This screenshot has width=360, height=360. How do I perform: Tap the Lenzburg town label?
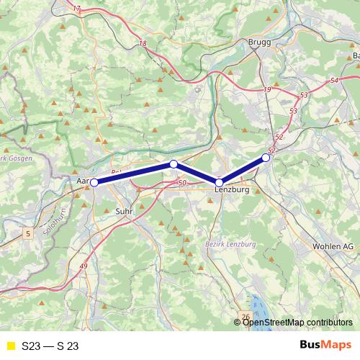coord(232,190)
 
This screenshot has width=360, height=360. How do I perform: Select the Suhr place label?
coord(123,212)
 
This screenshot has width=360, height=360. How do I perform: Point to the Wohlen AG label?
coord(332,246)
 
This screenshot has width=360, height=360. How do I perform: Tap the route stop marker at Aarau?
coord(94,183)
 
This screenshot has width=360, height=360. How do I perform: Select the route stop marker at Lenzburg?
coord(219,183)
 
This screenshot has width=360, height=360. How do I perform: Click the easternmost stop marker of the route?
coord(266,157)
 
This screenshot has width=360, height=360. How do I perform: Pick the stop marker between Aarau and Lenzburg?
coord(174,164)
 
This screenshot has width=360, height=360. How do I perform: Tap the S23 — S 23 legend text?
coord(50,346)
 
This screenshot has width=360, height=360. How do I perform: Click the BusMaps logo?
coord(326,345)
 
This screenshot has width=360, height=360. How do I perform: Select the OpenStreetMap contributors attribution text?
coord(296,322)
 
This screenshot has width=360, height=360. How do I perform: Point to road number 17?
coord(78,9)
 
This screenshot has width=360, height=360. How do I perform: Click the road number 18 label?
coord(143,43)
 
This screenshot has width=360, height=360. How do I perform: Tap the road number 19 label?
coord(268,89)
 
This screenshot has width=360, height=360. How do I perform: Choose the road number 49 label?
coord(84,267)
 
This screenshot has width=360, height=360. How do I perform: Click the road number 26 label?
coord(246,316)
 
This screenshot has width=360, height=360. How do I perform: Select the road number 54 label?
coord(333,81)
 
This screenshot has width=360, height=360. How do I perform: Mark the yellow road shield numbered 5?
coord(27,233)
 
